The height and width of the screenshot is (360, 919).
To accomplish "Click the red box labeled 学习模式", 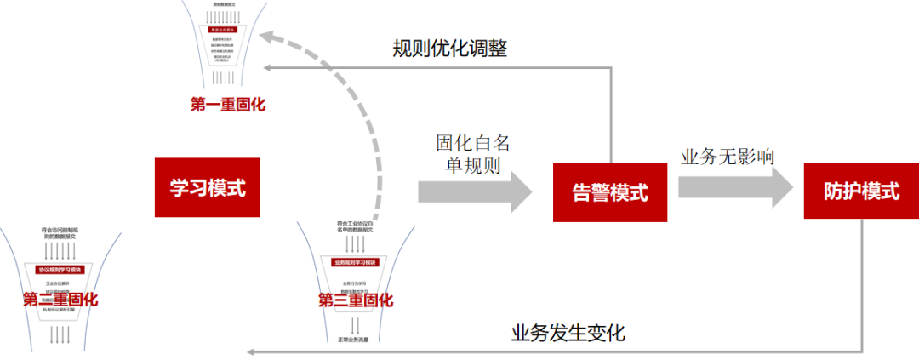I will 207,187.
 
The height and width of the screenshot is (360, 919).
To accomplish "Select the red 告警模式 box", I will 610,192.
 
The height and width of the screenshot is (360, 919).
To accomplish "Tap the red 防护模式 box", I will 861,191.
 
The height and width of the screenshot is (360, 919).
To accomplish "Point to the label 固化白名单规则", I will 473,153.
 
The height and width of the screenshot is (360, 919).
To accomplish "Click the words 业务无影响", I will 728,157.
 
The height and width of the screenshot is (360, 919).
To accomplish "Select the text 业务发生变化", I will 568,332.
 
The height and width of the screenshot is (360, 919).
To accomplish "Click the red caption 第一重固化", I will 228,105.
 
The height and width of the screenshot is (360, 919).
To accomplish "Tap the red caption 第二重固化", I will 60,300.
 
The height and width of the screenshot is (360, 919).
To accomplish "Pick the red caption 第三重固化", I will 355,300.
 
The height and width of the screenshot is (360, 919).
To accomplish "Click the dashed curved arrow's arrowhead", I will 268,37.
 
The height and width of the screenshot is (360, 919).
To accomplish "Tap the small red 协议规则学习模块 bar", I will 60,270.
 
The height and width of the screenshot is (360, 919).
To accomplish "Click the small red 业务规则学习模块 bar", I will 355,263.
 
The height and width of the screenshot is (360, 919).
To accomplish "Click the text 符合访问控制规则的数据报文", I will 60,232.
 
